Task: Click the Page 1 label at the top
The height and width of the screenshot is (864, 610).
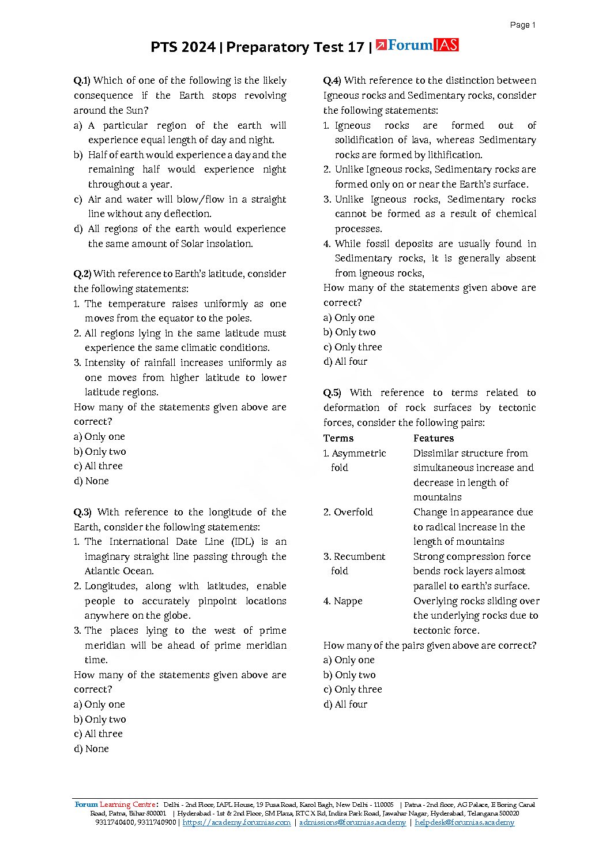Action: point(522,25)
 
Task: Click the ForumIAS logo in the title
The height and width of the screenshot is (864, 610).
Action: point(417,45)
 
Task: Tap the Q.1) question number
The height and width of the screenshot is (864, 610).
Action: point(82,81)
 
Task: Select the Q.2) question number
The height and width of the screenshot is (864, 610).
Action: point(82,274)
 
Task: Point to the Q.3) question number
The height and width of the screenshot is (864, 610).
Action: point(82,512)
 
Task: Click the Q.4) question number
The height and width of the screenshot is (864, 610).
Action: point(332,81)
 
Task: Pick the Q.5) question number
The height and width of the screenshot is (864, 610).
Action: point(332,393)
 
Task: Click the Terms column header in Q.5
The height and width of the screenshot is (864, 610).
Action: point(338,438)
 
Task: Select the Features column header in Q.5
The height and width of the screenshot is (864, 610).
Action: point(433,438)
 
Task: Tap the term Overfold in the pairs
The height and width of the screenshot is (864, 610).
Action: point(353,512)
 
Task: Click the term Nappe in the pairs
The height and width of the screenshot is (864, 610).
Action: point(348,601)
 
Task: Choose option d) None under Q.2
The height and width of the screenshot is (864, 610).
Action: point(91,481)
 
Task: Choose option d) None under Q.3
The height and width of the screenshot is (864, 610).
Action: point(91,749)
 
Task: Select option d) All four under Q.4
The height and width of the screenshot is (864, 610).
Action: point(345,362)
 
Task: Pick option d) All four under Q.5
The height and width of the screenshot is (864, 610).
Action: point(345,704)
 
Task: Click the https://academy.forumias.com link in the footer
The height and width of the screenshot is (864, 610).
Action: point(236,822)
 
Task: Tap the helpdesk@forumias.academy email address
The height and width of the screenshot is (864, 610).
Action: point(464,822)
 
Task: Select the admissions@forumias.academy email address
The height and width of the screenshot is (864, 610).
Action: point(352,822)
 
